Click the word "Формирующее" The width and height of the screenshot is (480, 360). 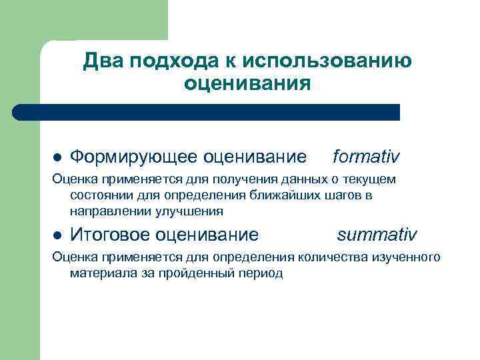pyautogui.click(x=133, y=157)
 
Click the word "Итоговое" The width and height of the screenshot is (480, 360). pyautogui.click(x=109, y=235)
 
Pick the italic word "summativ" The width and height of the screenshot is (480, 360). pyautogui.click(x=377, y=234)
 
